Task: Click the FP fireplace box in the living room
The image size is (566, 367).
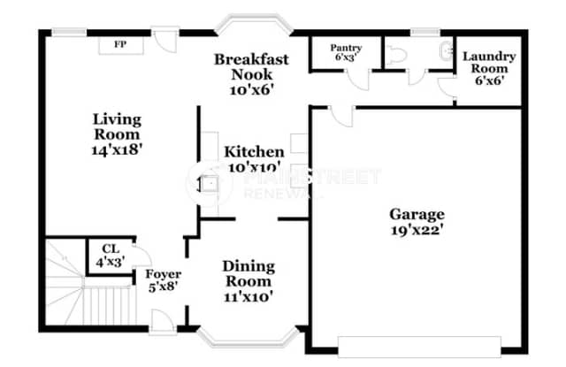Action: (118, 43)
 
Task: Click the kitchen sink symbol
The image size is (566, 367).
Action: (210, 184)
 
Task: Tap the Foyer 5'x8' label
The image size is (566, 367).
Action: (163, 279)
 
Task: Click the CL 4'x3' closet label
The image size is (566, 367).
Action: (110, 255)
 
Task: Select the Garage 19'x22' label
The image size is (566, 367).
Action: (417, 221)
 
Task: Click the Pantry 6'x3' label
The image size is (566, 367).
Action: (346, 53)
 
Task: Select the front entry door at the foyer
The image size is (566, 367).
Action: (162, 322)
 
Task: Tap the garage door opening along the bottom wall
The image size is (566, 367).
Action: (419, 345)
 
